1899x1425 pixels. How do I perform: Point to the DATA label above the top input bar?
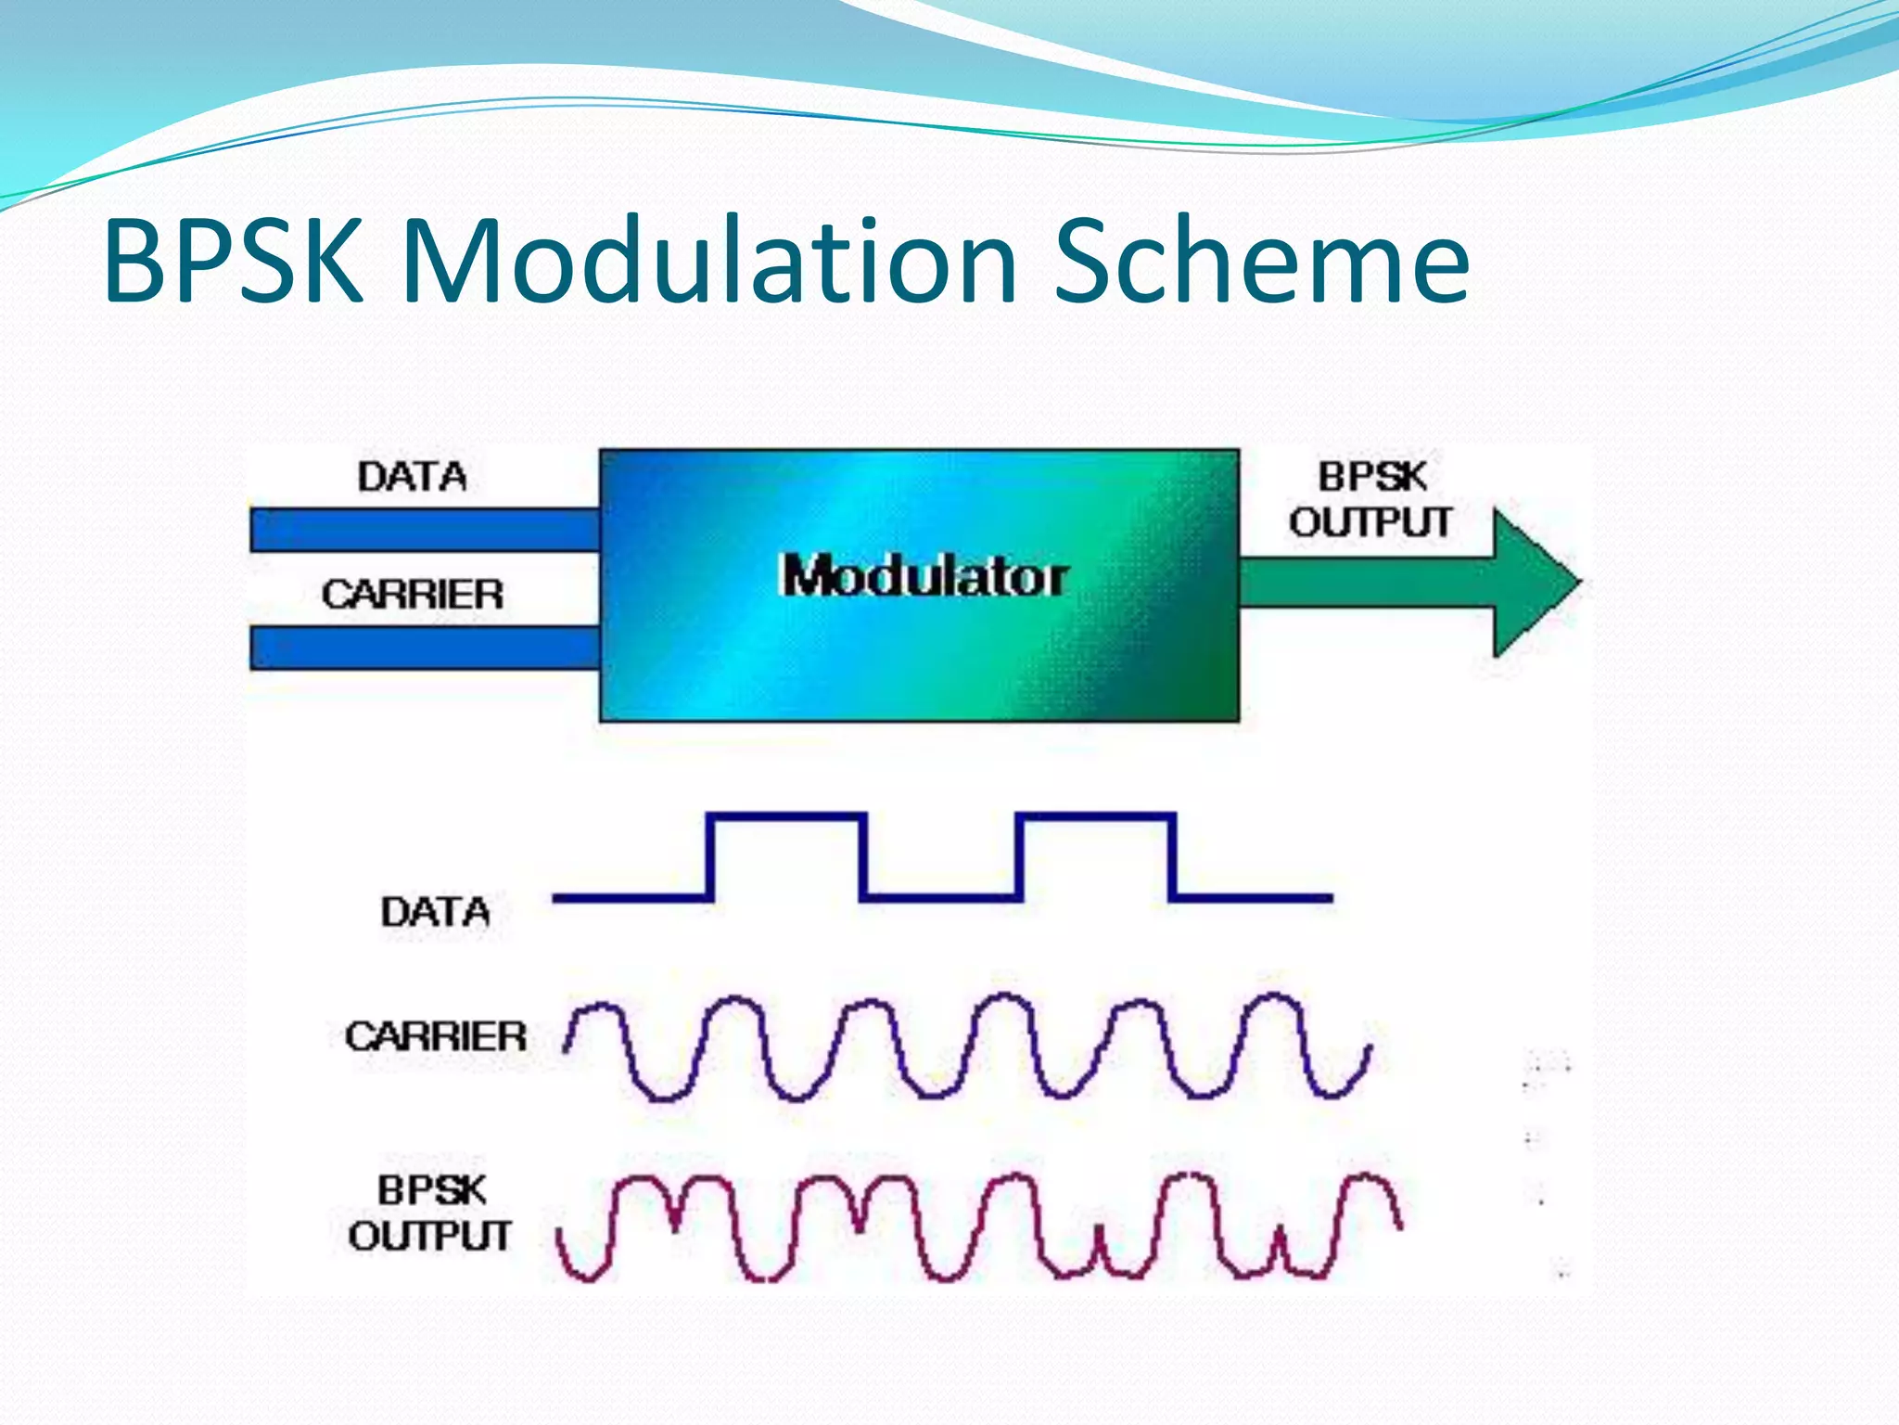[x=413, y=477]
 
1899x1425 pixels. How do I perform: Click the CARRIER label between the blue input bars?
[x=413, y=594]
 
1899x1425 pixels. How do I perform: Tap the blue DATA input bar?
[x=425, y=530]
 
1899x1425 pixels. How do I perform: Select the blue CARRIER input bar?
[x=425, y=648]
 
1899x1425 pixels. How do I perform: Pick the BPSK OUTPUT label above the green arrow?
[x=1370, y=499]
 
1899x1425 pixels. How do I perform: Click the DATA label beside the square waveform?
[x=435, y=912]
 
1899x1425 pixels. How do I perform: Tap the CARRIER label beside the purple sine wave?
[x=435, y=1036]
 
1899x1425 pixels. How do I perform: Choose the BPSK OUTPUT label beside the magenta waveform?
[x=430, y=1213]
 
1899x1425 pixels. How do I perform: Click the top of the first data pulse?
[x=787, y=816]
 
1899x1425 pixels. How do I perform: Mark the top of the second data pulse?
[x=1096, y=816]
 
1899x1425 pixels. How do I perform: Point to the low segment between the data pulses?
[x=941, y=897]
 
